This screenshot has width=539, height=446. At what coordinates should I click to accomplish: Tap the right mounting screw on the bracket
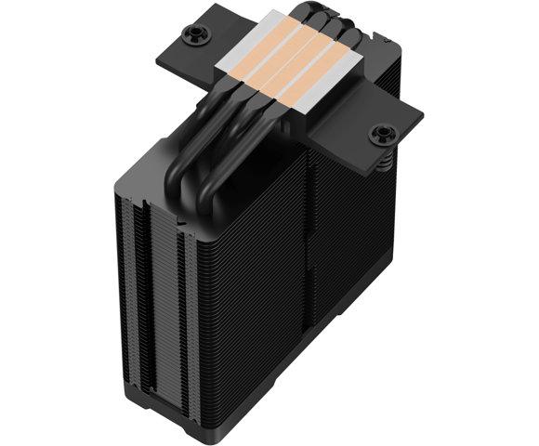(380, 135)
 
